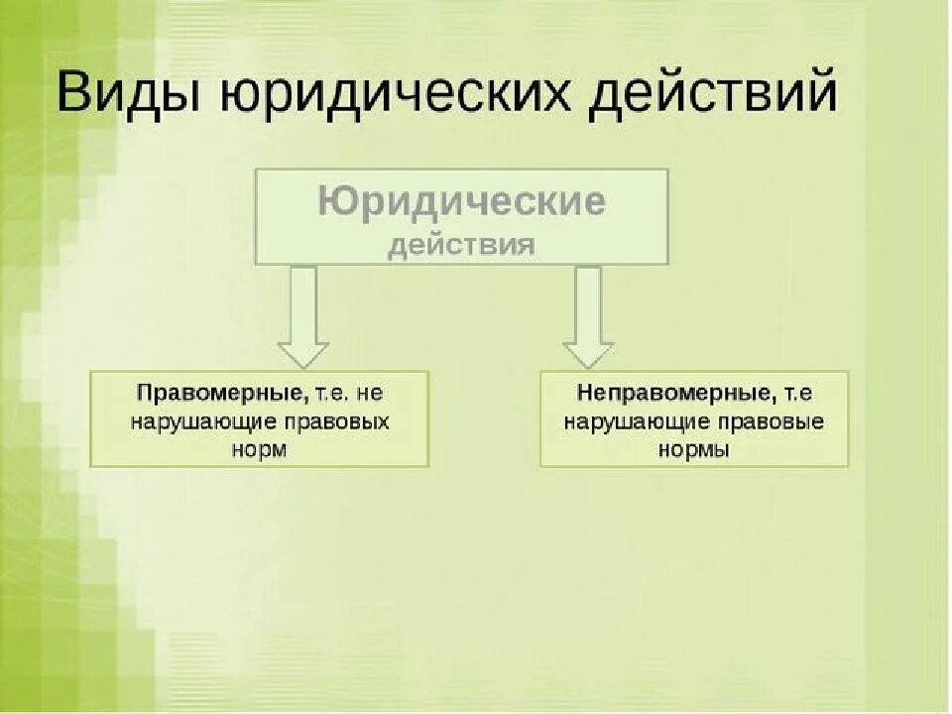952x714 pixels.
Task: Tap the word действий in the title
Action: [x=713, y=94]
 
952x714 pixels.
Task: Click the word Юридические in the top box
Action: [x=461, y=202]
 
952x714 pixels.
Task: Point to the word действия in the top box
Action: [x=461, y=245]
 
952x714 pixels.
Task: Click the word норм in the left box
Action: [x=261, y=448]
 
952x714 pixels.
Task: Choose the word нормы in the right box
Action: [x=694, y=449]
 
